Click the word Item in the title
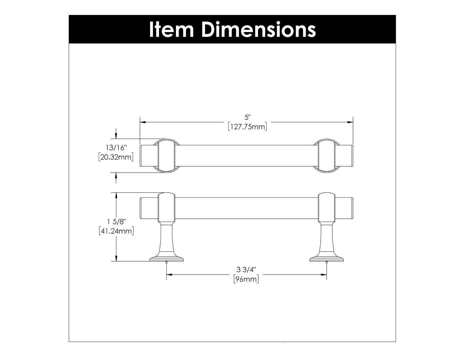[x=172, y=30]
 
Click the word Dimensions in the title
[x=259, y=30]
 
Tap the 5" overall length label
[x=247, y=117]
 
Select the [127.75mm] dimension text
[x=247, y=127]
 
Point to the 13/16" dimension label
[x=116, y=148]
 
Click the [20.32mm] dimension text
[x=116, y=157]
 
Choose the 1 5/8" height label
[x=116, y=222]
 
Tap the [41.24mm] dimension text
[x=116, y=231]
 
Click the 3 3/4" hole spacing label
[x=246, y=270]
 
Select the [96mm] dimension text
[x=246, y=279]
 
